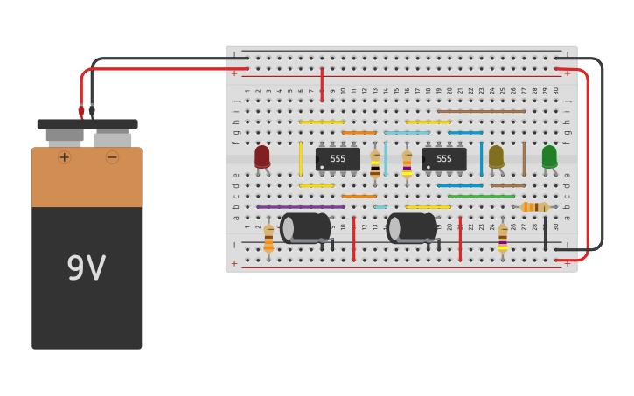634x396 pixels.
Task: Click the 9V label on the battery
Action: pyautogui.click(x=87, y=268)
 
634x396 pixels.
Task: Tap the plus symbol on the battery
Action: pyautogui.click(x=64, y=157)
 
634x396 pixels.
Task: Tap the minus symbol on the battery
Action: pyautogui.click(x=112, y=157)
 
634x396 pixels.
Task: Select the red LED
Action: pyautogui.click(x=262, y=156)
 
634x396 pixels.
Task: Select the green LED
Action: pyautogui.click(x=549, y=156)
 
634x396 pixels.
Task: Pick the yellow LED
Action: pyautogui.click(x=496, y=156)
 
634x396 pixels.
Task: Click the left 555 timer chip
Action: pyautogui.click(x=338, y=158)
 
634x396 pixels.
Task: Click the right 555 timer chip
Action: pyautogui.click(x=444, y=158)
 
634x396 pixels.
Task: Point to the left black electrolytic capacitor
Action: pyautogui.click(x=305, y=228)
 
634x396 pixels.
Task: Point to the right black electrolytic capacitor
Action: pyautogui.click(x=412, y=228)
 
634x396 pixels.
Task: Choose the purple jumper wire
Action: pyautogui.click(x=300, y=207)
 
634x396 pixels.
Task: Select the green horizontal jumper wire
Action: pyautogui.click(x=481, y=197)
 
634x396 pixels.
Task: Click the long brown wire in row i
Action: pyautogui.click(x=481, y=111)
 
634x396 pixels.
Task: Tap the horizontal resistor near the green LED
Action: pyautogui.click(x=534, y=207)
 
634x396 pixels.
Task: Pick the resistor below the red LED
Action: pyautogui.click(x=268, y=238)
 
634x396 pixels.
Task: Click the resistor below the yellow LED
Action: pyautogui.click(x=503, y=238)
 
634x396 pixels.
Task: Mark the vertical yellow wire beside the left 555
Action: pyautogui.click(x=301, y=159)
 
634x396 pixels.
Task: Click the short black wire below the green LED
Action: pyautogui.click(x=545, y=234)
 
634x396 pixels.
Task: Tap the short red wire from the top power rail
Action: pyautogui.click(x=322, y=85)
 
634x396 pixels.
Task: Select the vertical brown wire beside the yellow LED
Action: pyautogui.click(x=524, y=159)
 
